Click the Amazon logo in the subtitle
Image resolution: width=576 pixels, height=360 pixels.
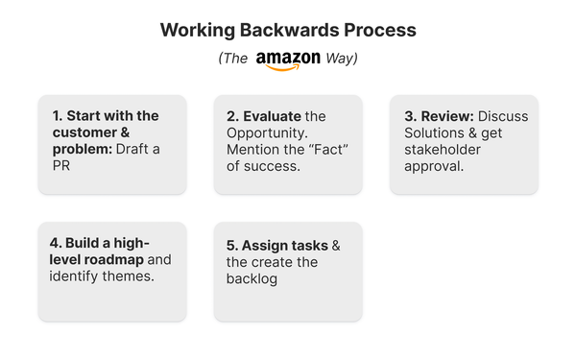pos(287,60)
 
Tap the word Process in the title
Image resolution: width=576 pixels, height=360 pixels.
pos(374,30)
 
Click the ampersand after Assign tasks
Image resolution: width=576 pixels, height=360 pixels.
pos(335,245)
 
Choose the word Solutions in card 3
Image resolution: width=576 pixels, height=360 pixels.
pos(436,132)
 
